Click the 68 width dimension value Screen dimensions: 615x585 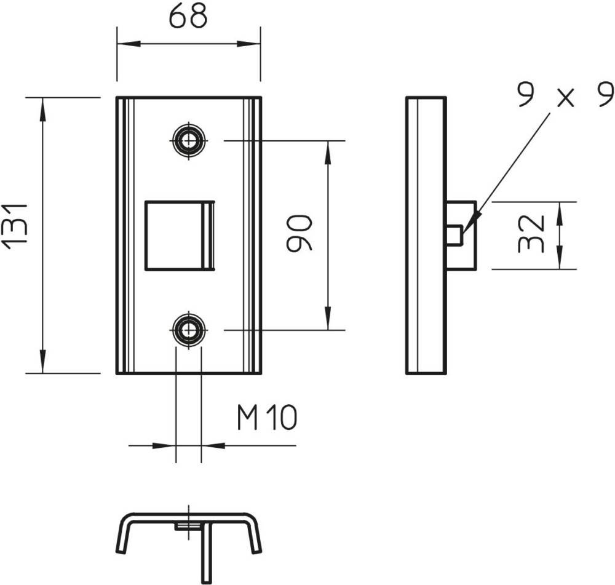(188, 17)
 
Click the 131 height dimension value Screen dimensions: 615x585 (15, 227)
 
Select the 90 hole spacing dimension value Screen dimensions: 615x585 (300, 233)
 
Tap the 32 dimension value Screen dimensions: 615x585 (531, 234)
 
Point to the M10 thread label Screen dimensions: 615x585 (267, 418)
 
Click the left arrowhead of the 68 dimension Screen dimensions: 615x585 (129, 44)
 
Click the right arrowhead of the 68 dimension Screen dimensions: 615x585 (248, 44)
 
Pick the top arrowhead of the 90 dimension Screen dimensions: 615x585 (328, 152)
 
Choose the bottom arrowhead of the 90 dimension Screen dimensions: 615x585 (328, 318)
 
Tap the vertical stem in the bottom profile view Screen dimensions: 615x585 (207, 552)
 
